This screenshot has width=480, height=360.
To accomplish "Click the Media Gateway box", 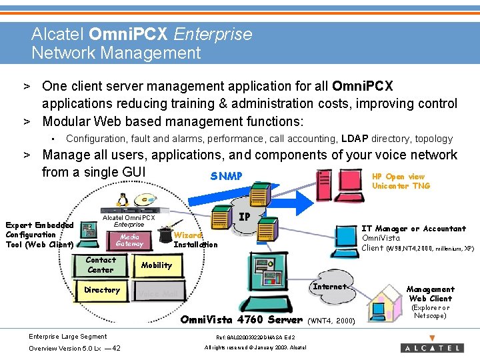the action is coord(129,240).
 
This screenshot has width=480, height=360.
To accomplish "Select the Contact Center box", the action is coord(101,265).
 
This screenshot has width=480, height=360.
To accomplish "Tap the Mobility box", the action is coord(156,265).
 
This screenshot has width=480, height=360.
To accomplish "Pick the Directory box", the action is coord(102,290).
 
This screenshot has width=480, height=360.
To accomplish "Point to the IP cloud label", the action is coord(245,217).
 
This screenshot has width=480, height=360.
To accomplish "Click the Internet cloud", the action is coord(329,287).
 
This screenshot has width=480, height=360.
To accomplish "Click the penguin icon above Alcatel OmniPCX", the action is coord(121,200).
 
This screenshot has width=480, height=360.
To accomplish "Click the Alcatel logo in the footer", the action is coord(432,347).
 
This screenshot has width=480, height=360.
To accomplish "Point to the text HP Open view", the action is coord(398,177).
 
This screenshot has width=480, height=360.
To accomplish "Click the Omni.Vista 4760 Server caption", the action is coord(241,319).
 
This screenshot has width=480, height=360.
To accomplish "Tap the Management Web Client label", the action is coord(431,294).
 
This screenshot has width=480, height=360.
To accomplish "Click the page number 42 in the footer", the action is coord(117,348).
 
